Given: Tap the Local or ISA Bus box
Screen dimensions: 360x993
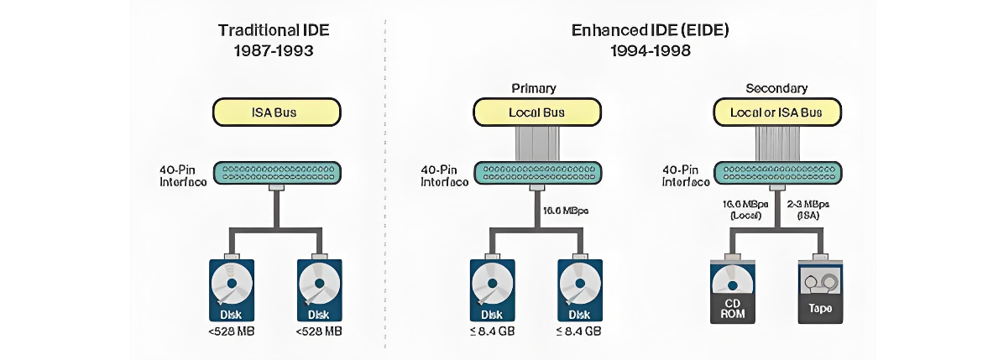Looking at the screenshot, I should tap(776, 112).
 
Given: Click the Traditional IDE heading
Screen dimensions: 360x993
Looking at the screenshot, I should tap(274, 30).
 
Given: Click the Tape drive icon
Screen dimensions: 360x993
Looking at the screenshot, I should tap(819, 291).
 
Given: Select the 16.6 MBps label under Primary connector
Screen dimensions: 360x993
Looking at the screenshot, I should tap(567, 211).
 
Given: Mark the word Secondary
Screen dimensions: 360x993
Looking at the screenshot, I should tap(776, 87).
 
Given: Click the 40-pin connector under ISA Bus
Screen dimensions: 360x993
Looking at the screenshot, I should tap(276, 175).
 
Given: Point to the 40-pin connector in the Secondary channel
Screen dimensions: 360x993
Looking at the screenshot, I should tap(776, 175).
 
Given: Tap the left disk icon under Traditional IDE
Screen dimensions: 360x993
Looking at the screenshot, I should tap(230, 290).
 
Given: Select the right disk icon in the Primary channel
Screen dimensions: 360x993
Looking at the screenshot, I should tap(579, 290).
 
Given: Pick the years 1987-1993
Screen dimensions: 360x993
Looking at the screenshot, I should tap(274, 50).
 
